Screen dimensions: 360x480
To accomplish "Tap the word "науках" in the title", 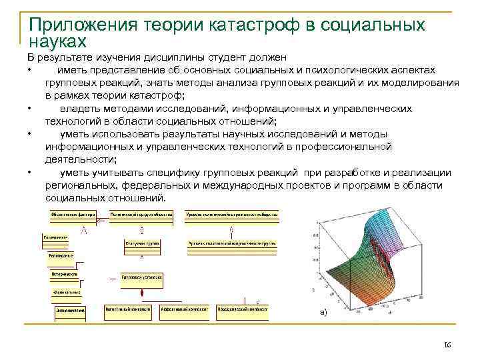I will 58,42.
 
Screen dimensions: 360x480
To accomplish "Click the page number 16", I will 447,344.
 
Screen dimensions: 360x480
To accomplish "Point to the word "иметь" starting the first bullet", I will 71,70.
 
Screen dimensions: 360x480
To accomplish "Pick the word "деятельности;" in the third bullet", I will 80,159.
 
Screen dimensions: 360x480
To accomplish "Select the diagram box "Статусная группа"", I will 141,244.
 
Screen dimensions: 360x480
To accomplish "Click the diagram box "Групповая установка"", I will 141,276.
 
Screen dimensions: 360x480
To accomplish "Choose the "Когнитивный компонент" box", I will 128,309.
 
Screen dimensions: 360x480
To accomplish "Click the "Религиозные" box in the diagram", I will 60,255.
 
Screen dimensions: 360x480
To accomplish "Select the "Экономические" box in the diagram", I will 71,310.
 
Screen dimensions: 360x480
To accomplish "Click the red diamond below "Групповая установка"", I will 141,293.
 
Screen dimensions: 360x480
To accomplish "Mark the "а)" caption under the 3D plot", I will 324,313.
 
